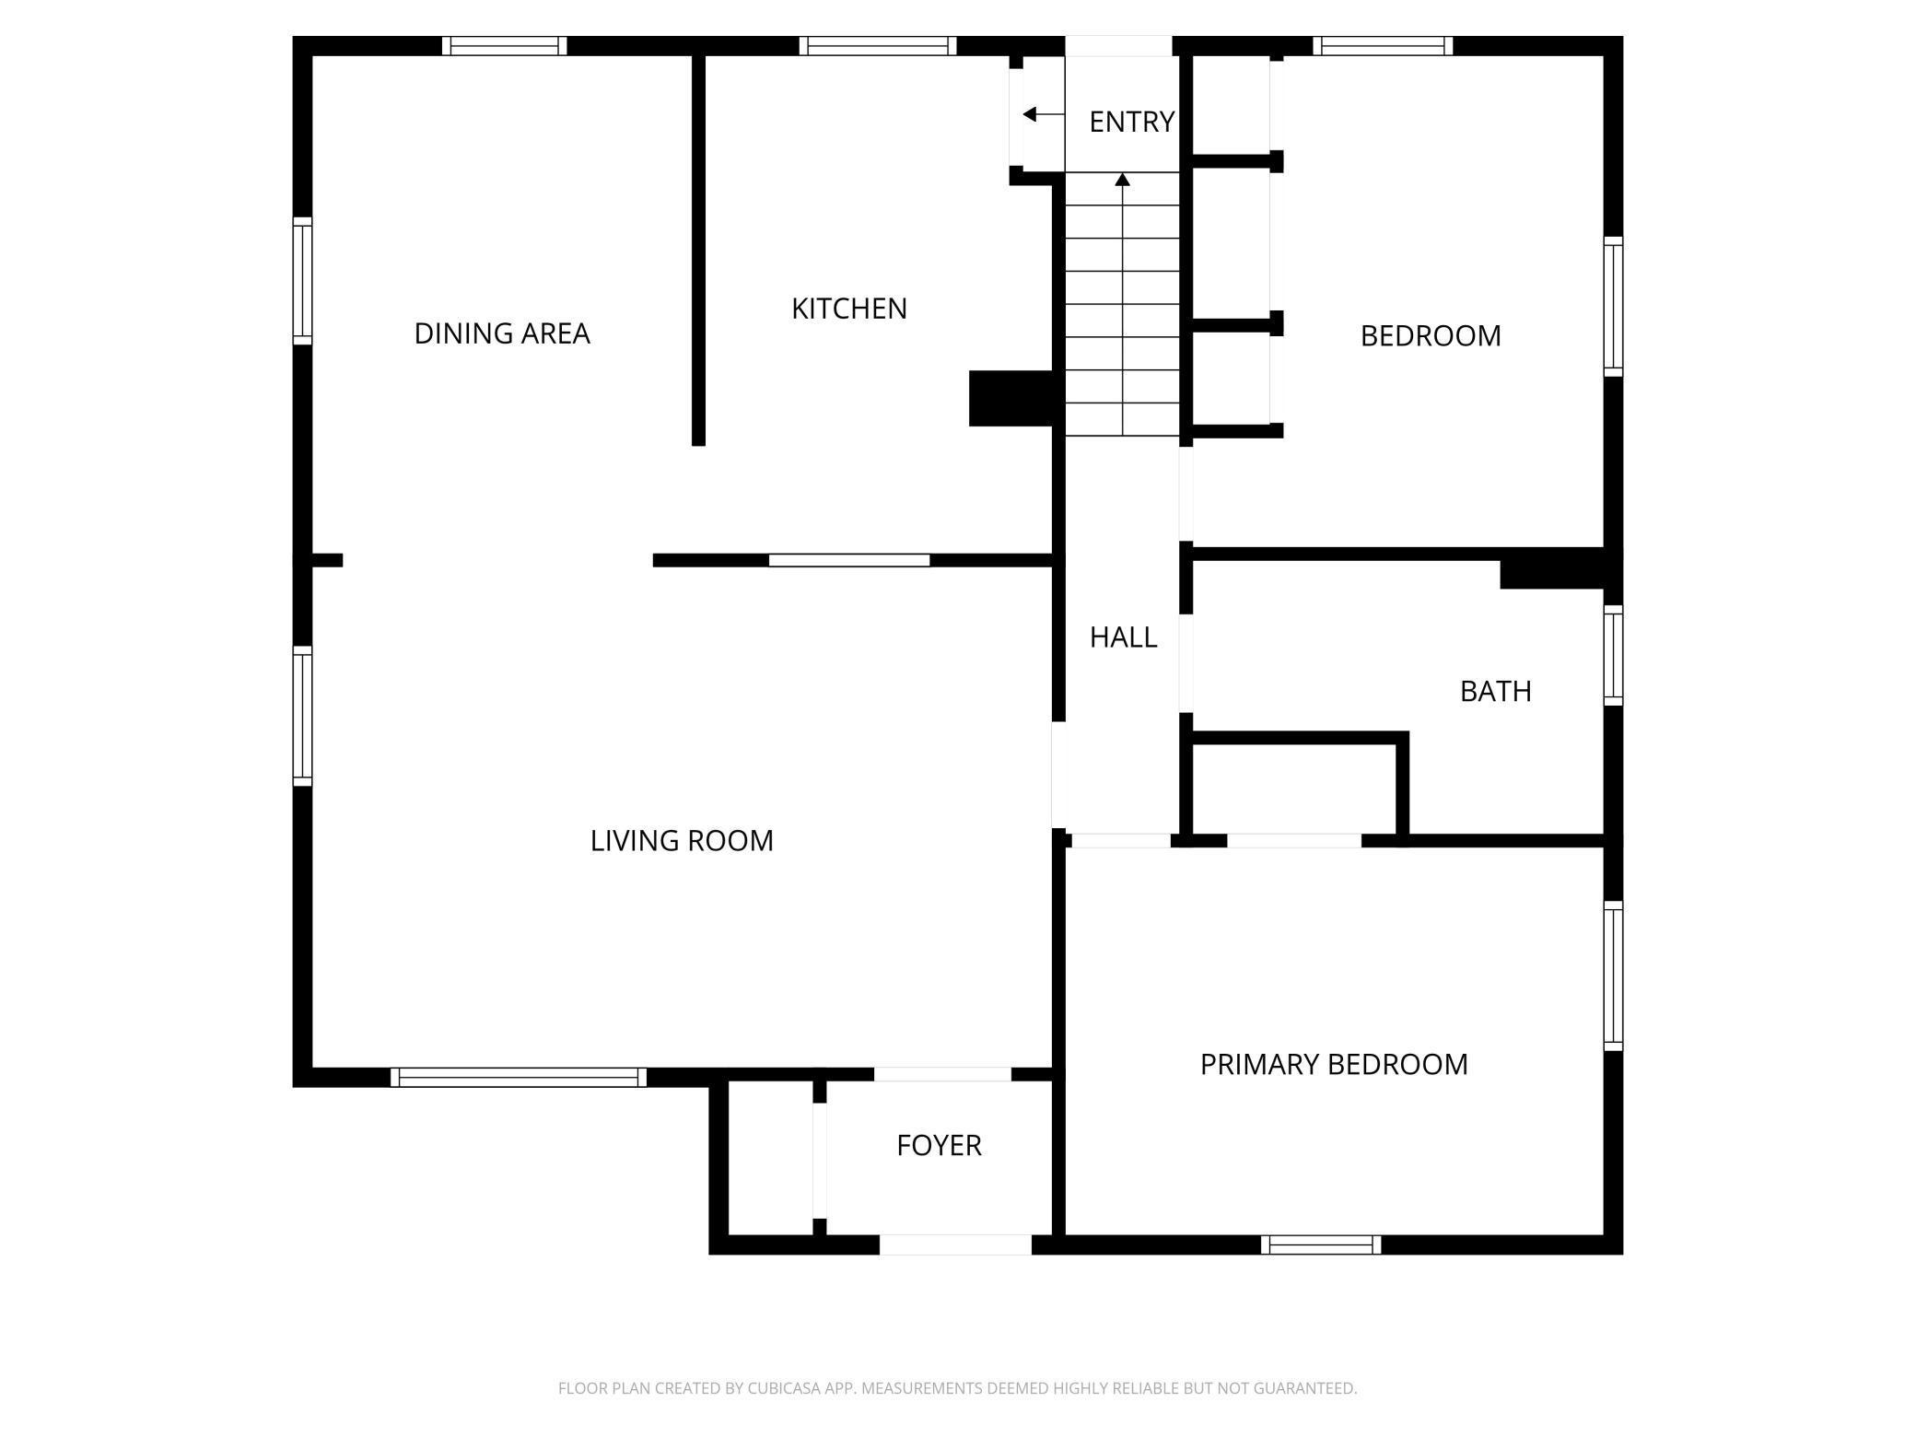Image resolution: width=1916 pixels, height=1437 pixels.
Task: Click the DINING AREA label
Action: pyautogui.click(x=501, y=333)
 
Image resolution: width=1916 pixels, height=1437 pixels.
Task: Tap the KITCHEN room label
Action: pyautogui.click(x=848, y=309)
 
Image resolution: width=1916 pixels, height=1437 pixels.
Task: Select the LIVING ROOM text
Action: pyautogui.click(x=682, y=841)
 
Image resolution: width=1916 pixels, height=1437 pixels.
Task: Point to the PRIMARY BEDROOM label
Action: pyautogui.click(x=1333, y=1065)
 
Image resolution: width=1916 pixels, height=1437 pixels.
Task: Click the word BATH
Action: pyautogui.click(x=1495, y=692)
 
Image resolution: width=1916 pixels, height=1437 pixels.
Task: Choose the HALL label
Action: pyautogui.click(x=1123, y=637)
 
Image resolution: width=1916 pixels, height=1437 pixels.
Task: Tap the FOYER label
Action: pyautogui.click(x=939, y=1146)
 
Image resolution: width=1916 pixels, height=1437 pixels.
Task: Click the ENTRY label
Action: pyautogui.click(x=1131, y=122)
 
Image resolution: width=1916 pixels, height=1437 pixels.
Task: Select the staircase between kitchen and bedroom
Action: pyautogui.click(x=1122, y=304)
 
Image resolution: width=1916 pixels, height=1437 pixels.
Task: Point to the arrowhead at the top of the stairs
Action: pyautogui.click(x=1122, y=179)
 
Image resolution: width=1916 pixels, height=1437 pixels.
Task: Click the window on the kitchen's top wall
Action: pyautogui.click(x=877, y=46)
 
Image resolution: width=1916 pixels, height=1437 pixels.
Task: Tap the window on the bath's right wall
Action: pyautogui.click(x=1613, y=655)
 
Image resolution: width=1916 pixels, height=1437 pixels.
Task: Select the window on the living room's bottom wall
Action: pyautogui.click(x=519, y=1077)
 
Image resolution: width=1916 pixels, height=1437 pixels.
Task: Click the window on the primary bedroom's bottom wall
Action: pyautogui.click(x=1321, y=1244)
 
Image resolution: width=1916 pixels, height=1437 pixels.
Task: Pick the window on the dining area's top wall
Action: pyautogui.click(x=504, y=46)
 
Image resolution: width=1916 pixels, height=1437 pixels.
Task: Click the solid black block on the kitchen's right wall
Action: pyautogui.click(x=1011, y=398)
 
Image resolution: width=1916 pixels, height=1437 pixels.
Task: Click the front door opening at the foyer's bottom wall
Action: pyautogui.click(x=955, y=1244)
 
